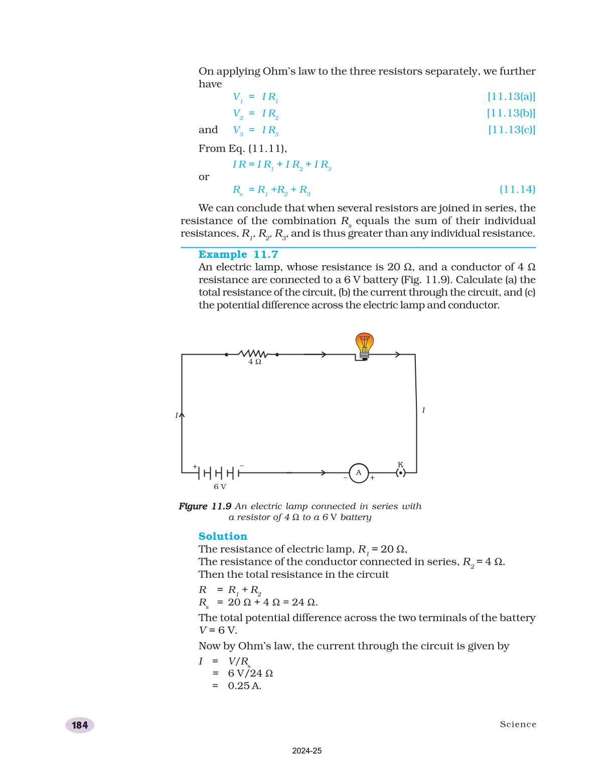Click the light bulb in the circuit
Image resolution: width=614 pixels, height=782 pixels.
365,345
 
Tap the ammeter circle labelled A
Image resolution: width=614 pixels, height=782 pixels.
359,473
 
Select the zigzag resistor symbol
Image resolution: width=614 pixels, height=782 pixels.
252,354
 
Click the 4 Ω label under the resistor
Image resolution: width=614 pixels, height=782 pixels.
255,362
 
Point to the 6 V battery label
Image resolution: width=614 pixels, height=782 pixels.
220,487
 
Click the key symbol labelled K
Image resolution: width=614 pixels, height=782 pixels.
400,472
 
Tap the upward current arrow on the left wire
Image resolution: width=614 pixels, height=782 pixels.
182,415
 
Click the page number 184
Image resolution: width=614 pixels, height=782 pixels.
80,725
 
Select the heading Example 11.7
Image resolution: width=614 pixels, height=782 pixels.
238,254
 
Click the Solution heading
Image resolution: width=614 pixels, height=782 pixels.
223,536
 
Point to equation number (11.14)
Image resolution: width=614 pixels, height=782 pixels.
517,190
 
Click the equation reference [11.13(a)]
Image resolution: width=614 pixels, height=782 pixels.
511,96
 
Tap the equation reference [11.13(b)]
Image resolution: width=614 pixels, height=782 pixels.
511,113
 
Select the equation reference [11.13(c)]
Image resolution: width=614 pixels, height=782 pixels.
512,129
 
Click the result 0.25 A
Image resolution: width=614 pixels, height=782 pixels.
244,686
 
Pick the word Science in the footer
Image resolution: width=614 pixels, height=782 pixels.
518,724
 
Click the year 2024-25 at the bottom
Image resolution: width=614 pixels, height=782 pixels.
306,751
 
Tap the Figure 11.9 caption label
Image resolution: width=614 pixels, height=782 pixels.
205,506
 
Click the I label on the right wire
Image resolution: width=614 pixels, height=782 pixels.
423,410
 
